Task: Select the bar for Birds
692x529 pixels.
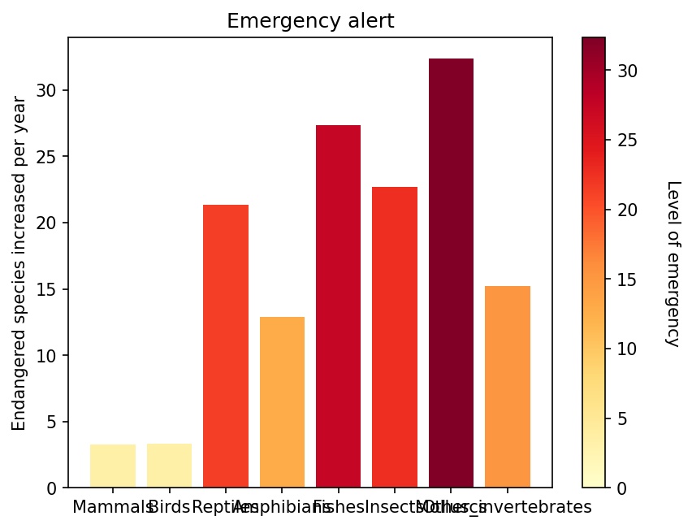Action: pos(169,466)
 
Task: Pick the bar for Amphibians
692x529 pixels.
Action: pos(282,402)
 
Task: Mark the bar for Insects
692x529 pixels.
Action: pos(395,337)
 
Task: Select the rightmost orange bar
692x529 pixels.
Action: pos(508,387)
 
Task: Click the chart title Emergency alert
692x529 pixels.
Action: pos(310,21)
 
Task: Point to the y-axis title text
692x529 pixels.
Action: pos(19,263)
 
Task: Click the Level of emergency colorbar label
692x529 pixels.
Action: pos(673,263)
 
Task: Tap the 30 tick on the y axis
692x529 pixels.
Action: pos(51,90)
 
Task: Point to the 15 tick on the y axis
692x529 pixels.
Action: pos(51,289)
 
